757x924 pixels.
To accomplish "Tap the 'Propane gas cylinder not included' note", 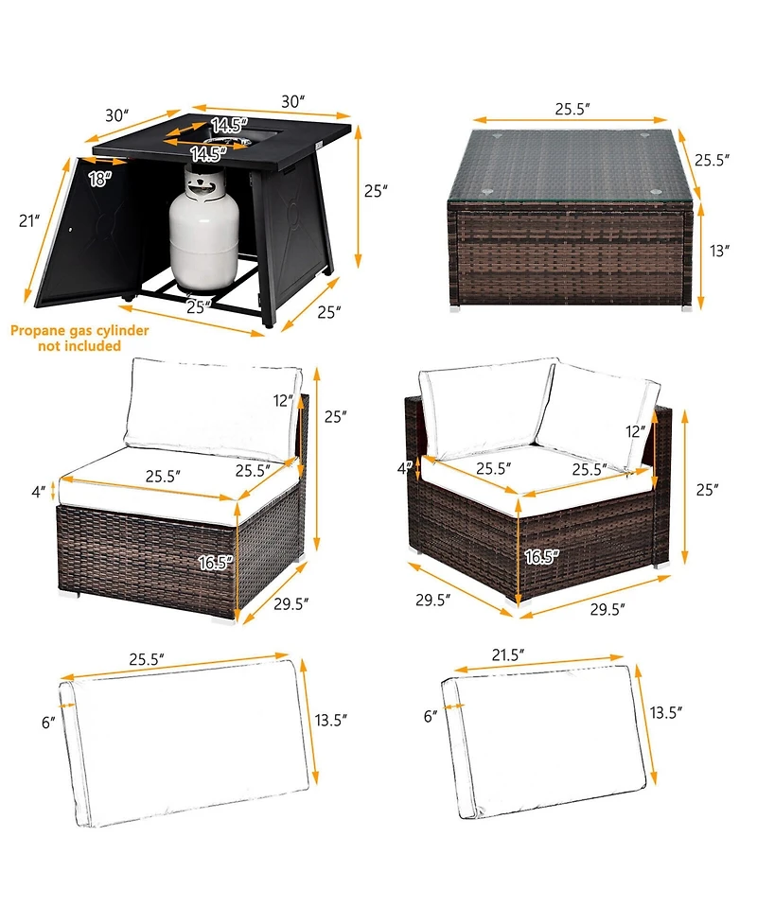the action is pyautogui.click(x=79, y=339).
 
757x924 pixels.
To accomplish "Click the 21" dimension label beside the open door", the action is pyautogui.click(x=29, y=220).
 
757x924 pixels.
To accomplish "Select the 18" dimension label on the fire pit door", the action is pyautogui.click(x=100, y=179).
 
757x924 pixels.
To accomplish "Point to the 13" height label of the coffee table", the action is pyautogui.click(x=719, y=251).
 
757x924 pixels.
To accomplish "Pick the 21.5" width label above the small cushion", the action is pyautogui.click(x=508, y=654).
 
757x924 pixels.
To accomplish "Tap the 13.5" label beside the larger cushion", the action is pyautogui.click(x=331, y=720).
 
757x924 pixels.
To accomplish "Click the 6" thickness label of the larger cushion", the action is pyautogui.click(x=48, y=722).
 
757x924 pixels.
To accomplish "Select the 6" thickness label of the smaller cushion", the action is pyautogui.click(x=431, y=715).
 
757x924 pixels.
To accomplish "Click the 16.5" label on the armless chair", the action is pyautogui.click(x=215, y=563).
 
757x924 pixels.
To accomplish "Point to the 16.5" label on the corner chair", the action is pyautogui.click(x=541, y=556).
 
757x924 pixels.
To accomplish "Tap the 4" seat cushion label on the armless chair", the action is pyautogui.click(x=38, y=491).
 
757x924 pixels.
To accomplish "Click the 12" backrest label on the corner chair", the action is pyautogui.click(x=636, y=431).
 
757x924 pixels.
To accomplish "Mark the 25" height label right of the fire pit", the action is pyautogui.click(x=376, y=191).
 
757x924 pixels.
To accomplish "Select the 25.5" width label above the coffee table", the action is pyautogui.click(x=572, y=109).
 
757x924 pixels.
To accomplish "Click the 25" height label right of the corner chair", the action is pyautogui.click(x=708, y=489).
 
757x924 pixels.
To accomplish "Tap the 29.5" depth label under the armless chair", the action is pyautogui.click(x=291, y=603).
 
